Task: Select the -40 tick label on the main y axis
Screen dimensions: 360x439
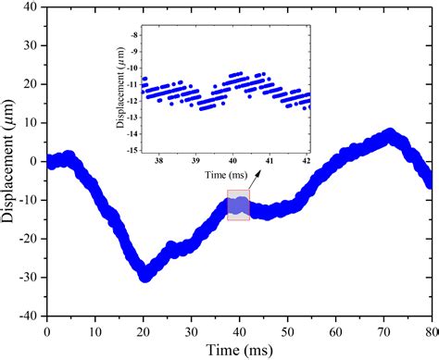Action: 27,315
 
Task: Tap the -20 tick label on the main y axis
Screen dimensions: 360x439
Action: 27,238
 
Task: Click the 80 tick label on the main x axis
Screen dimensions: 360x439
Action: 429,329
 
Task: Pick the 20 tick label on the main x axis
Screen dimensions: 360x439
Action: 143,329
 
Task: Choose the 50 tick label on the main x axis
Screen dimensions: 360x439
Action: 287,329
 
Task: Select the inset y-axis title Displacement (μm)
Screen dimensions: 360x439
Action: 117,91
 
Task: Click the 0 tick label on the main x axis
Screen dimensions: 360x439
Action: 46,329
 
